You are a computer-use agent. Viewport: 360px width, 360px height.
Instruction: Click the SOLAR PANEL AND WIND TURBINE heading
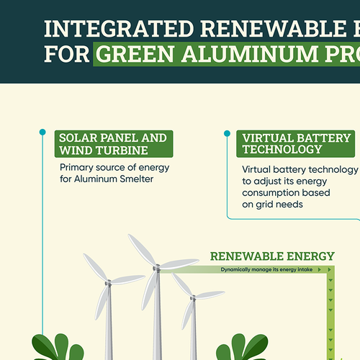click(114, 144)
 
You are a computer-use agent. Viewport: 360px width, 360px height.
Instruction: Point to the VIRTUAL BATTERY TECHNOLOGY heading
click(297, 144)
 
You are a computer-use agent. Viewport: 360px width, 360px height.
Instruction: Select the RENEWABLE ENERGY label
click(272, 256)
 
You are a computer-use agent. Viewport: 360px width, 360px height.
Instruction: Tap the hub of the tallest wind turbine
click(156, 269)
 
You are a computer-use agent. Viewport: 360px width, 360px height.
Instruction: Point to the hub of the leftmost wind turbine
click(108, 283)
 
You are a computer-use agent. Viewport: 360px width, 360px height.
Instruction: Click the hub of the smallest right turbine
click(192, 296)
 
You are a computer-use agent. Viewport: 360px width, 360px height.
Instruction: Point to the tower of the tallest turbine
click(157, 317)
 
